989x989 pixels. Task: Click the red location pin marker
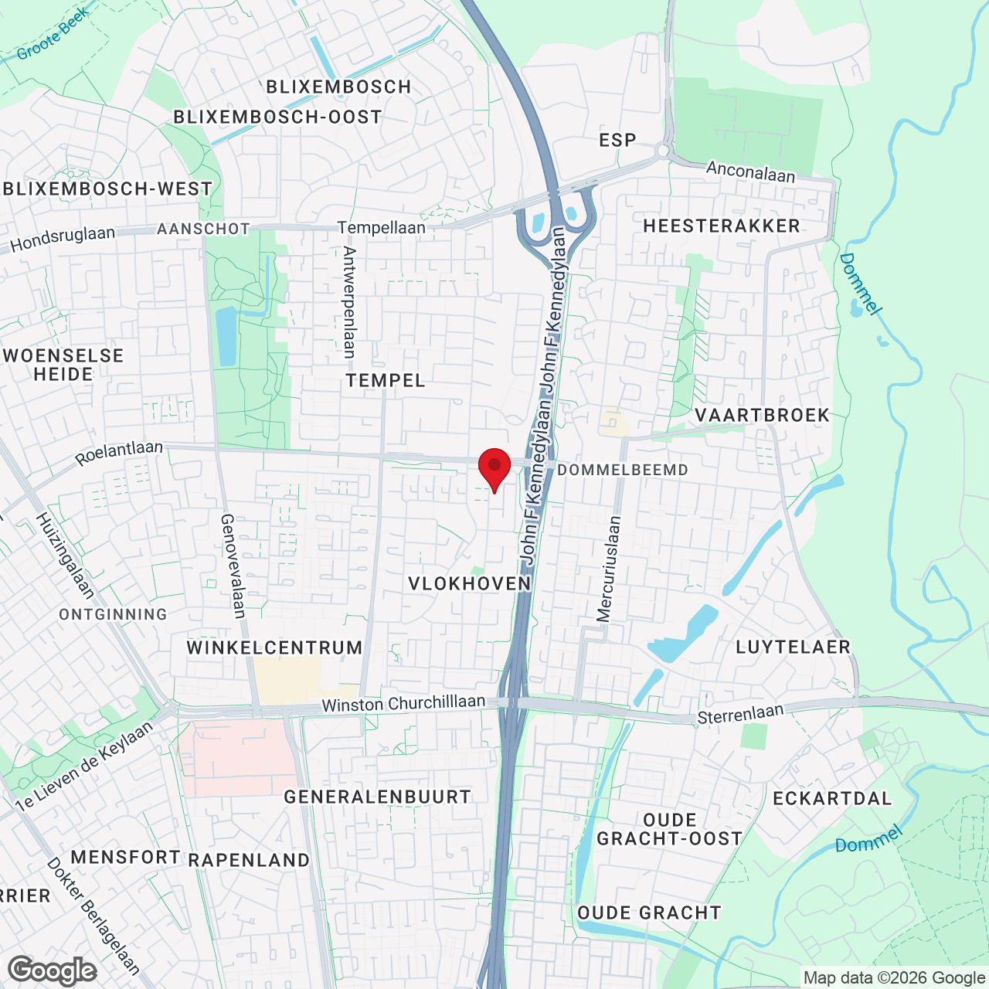pyautogui.click(x=494, y=467)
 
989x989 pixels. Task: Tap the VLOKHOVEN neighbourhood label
pyautogui.click(x=470, y=583)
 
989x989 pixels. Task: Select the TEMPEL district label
pyautogui.click(x=386, y=380)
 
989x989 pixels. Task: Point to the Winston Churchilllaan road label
pyautogui.click(x=403, y=704)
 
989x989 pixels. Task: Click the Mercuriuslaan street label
pyautogui.click(x=609, y=569)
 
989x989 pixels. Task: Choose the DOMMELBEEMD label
pyautogui.click(x=622, y=470)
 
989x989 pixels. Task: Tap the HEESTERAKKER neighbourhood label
pyautogui.click(x=722, y=226)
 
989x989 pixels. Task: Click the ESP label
pyautogui.click(x=618, y=140)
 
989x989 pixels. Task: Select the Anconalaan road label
pyautogui.click(x=750, y=172)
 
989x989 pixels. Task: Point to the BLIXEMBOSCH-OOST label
pyautogui.click(x=277, y=117)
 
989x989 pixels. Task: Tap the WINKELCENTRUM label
pyautogui.click(x=274, y=647)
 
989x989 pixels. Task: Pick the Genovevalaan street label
pyautogui.click(x=233, y=566)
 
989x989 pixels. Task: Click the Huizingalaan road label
pyautogui.click(x=66, y=556)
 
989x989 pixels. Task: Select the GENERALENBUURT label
pyautogui.click(x=377, y=797)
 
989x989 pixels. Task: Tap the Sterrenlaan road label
pyautogui.click(x=740, y=714)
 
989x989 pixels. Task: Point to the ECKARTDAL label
pyautogui.click(x=832, y=798)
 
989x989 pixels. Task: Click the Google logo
pyautogui.click(x=53, y=970)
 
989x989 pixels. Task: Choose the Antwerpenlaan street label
pyautogui.click(x=349, y=302)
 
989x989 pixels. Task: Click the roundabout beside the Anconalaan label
pyautogui.click(x=662, y=151)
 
